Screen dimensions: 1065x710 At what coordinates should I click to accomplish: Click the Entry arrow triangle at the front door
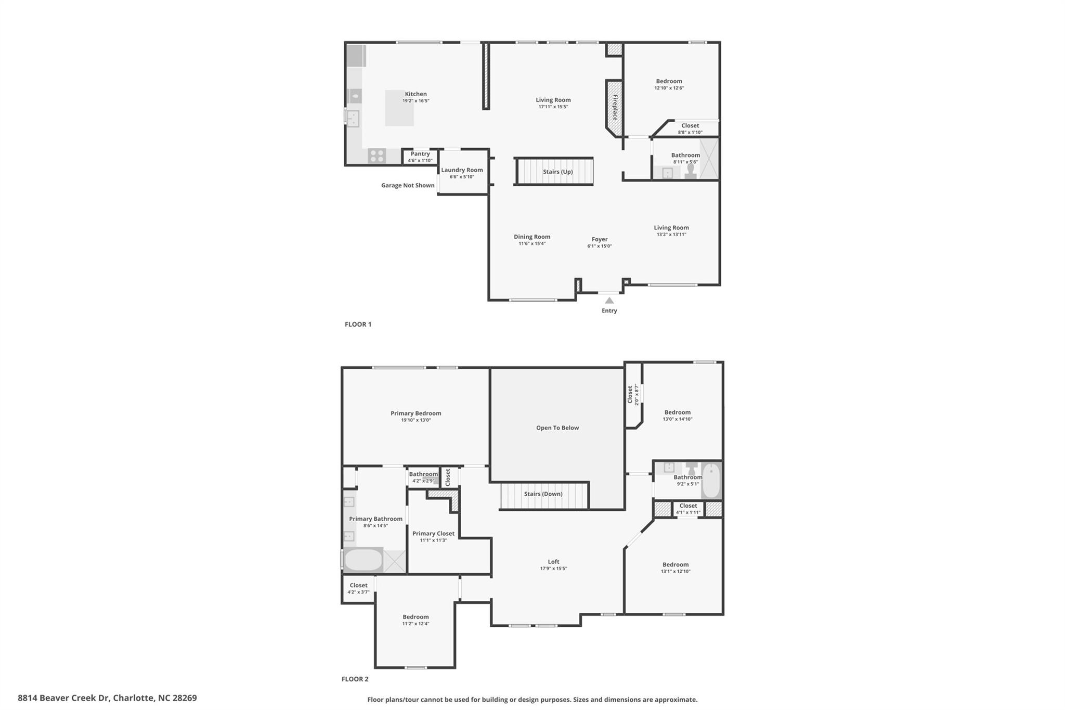(x=609, y=301)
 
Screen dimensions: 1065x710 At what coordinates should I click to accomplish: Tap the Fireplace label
(x=615, y=107)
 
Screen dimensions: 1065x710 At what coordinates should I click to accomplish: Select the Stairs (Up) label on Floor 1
(x=558, y=172)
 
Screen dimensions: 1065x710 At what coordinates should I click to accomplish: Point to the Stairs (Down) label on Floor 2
(x=543, y=494)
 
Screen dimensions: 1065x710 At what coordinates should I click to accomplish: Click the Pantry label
(x=420, y=154)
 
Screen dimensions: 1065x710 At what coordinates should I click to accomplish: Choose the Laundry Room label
(x=462, y=170)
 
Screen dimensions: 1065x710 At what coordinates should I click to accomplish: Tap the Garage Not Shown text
(x=408, y=185)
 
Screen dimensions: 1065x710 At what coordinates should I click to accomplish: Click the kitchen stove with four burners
(x=377, y=156)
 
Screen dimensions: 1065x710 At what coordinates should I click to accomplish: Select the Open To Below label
(x=557, y=428)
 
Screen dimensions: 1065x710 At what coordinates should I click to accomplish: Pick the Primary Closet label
(x=433, y=534)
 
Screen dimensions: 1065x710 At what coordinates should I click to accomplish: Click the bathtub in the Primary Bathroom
(x=363, y=560)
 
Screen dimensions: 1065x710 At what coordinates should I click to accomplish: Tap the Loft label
(x=553, y=562)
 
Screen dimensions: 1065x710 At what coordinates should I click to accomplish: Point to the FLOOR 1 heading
(x=358, y=325)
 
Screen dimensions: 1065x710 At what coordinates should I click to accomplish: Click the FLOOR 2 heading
(x=355, y=679)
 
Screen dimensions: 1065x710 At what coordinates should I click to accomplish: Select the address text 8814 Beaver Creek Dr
(x=63, y=698)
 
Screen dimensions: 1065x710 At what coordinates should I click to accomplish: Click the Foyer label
(x=600, y=240)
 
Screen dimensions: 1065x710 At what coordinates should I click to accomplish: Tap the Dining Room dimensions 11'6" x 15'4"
(x=532, y=243)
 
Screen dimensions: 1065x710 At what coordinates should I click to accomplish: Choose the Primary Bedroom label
(x=416, y=414)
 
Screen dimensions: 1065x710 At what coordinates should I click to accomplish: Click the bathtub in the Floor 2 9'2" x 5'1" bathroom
(x=711, y=481)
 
